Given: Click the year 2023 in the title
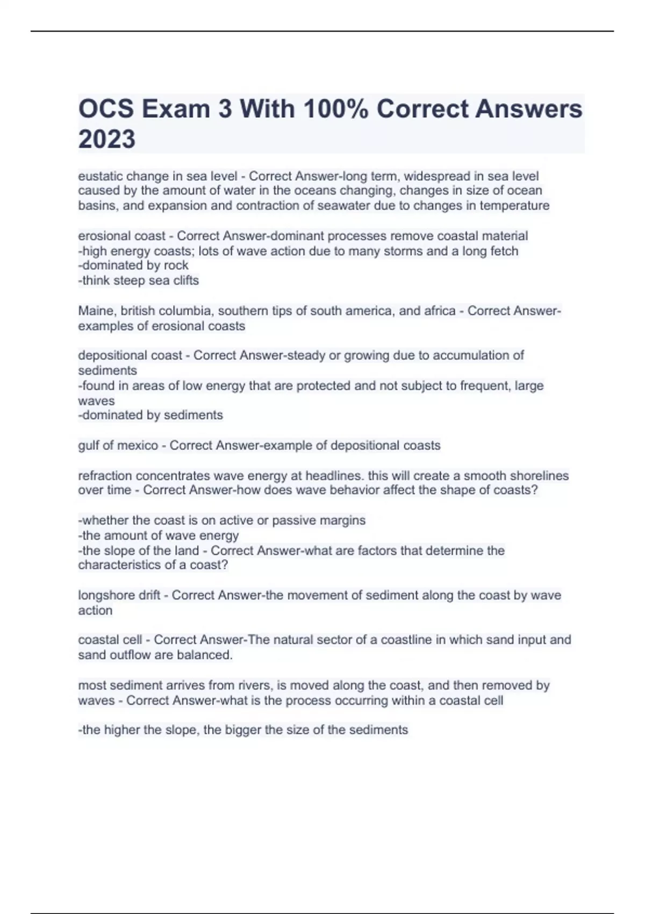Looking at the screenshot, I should point(106,139).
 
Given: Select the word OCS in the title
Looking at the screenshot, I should point(106,109).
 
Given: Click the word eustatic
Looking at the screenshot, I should point(100,176).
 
